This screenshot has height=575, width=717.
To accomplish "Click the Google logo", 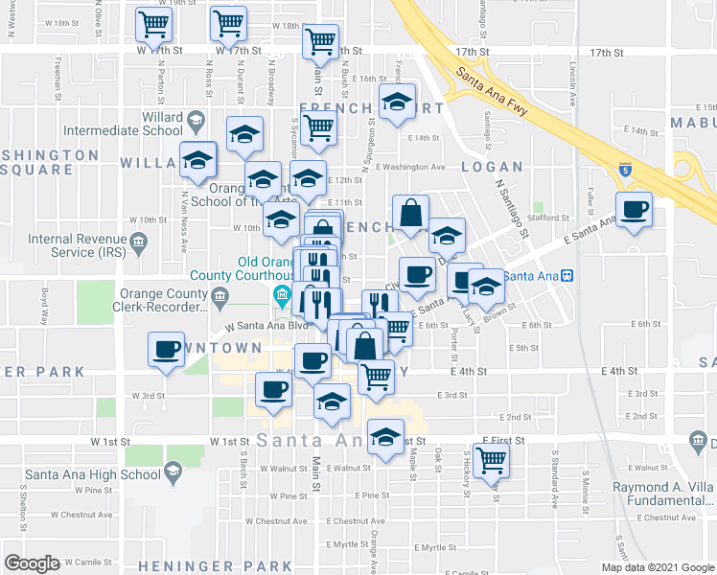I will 33,563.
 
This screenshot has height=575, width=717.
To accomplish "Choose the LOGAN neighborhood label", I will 492,167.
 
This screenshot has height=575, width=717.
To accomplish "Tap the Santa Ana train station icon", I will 567,276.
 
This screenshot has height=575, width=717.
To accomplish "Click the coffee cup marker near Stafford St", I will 634,209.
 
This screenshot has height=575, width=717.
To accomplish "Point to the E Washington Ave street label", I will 411,167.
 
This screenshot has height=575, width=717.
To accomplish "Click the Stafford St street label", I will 548,218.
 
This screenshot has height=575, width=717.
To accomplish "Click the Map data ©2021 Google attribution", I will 657,567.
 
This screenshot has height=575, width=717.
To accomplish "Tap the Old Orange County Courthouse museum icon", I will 283,293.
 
